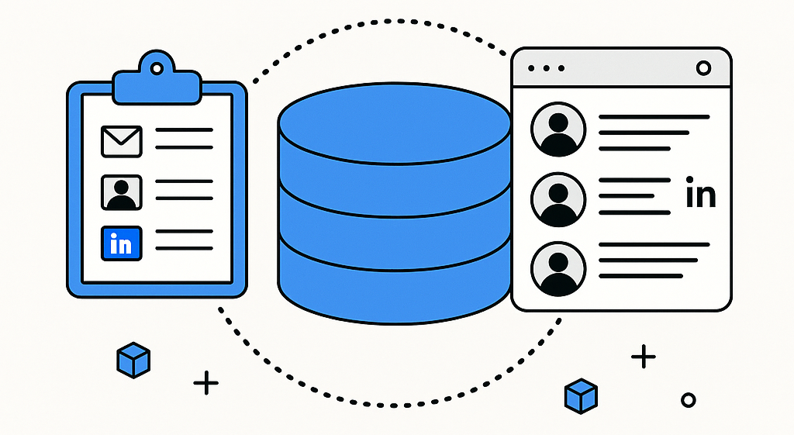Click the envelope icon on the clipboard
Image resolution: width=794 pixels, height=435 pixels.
pyautogui.click(x=121, y=140)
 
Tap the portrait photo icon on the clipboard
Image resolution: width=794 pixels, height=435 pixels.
pyautogui.click(x=121, y=192)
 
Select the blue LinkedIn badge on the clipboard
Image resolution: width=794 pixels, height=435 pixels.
pyautogui.click(x=121, y=243)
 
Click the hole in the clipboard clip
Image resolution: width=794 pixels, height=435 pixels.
pyautogui.click(x=157, y=69)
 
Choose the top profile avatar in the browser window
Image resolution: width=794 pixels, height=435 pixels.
pyautogui.click(x=558, y=131)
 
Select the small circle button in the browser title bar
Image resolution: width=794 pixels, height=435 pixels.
pyautogui.click(x=703, y=68)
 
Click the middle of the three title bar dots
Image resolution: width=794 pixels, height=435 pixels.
pyautogui.click(x=546, y=68)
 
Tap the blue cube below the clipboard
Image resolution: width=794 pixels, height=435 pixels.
pyautogui.click(x=133, y=360)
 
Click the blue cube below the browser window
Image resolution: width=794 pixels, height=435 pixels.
pyautogui.click(x=581, y=395)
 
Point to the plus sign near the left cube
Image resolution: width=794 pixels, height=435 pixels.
pyautogui.click(x=205, y=383)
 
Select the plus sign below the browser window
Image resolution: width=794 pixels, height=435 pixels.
pyautogui.click(x=643, y=357)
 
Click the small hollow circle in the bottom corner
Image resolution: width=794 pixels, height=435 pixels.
pyautogui.click(x=687, y=400)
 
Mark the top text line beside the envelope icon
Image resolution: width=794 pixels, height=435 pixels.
pyautogui.click(x=184, y=130)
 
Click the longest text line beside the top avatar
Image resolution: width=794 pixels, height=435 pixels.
pyautogui.click(x=654, y=117)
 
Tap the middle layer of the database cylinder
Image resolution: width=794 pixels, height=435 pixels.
pyautogui.click(x=394, y=225)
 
